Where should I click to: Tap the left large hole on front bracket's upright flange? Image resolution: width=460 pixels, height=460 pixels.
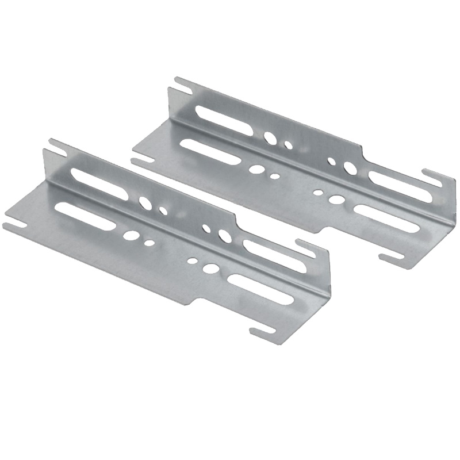[144, 202]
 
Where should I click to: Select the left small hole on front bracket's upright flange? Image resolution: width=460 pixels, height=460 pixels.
[163, 211]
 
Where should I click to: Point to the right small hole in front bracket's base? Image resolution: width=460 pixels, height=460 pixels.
[192, 260]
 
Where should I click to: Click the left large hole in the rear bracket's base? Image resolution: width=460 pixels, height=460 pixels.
[257, 170]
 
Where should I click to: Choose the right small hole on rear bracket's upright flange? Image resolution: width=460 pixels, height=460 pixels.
[331, 160]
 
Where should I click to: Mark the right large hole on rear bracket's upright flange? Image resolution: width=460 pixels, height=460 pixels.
[349, 168]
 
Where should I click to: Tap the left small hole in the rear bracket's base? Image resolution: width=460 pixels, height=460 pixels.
[275, 176]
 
